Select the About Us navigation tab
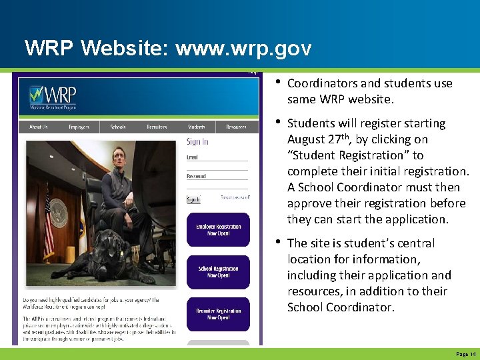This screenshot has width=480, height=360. [x=39, y=127]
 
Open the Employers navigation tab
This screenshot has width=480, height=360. [x=79, y=127]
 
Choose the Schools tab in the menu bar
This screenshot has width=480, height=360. [x=118, y=127]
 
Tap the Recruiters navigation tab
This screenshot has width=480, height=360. [x=157, y=127]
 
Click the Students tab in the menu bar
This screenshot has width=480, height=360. [x=196, y=127]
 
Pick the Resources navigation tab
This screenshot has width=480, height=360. [x=236, y=127]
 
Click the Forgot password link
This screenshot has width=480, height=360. [x=235, y=198]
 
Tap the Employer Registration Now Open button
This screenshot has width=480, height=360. [x=218, y=230]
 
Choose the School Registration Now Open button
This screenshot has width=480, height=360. [x=218, y=272]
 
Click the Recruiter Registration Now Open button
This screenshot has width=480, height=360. [x=218, y=314]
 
